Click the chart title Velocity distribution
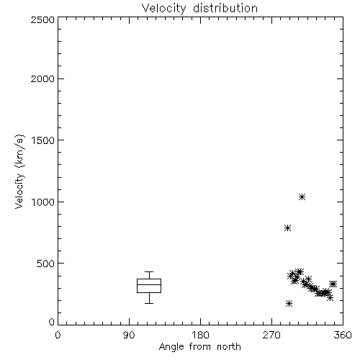tap(199, 8)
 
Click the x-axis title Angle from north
tap(199, 347)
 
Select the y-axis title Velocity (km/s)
tap(20, 171)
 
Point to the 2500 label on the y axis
tap(42, 19)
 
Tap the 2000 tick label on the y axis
tap(42, 78)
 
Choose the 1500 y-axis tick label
tap(43, 140)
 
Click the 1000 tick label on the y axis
tap(43, 202)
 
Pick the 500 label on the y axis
tap(46, 264)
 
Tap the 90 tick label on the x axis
tap(129, 335)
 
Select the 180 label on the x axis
tap(200, 335)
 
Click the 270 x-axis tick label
tap(271, 335)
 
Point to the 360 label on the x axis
tap(343, 335)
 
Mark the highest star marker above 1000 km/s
tap(302, 197)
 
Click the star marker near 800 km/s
tap(288, 228)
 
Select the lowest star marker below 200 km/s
tap(289, 304)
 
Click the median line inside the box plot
tap(149, 285)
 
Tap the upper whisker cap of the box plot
tap(149, 271)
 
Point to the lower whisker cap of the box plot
tap(149, 303)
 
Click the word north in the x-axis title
tap(229, 347)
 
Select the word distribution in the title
tap(225, 8)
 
